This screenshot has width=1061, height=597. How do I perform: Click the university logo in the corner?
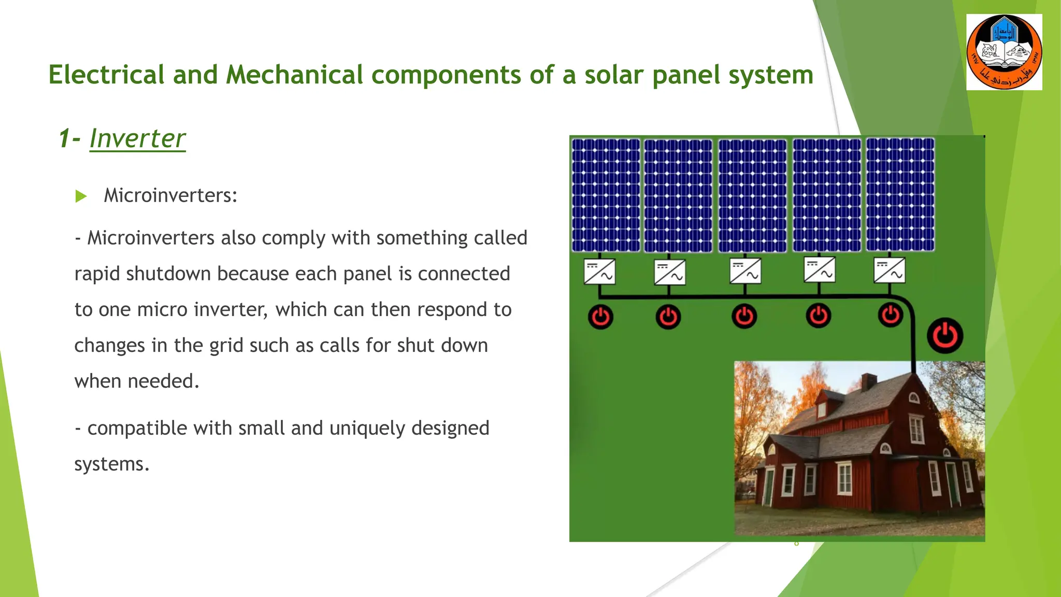(x=1004, y=52)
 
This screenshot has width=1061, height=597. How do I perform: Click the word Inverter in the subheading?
(x=137, y=138)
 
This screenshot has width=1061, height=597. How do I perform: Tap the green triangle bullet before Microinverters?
(x=81, y=196)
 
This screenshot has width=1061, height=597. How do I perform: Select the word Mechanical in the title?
(x=294, y=75)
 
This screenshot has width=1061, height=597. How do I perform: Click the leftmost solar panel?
(x=606, y=195)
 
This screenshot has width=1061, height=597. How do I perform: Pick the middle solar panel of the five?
(x=752, y=195)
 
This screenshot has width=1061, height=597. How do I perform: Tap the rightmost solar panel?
(x=900, y=194)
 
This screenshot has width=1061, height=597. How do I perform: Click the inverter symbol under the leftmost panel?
(x=599, y=272)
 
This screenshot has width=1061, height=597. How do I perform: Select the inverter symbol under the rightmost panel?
(x=890, y=271)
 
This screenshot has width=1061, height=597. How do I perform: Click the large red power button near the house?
(x=945, y=336)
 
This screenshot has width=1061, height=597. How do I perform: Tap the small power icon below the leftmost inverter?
(x=600, y=317)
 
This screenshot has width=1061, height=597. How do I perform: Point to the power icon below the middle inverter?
(x=744, y=317)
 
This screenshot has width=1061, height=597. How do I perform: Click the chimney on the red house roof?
(x=869, y=382)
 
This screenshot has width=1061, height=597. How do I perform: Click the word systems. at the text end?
(x=111, y=464)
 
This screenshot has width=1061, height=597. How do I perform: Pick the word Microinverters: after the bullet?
(x=170, y=196)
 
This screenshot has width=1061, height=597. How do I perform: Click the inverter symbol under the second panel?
(x=669, y=273)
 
